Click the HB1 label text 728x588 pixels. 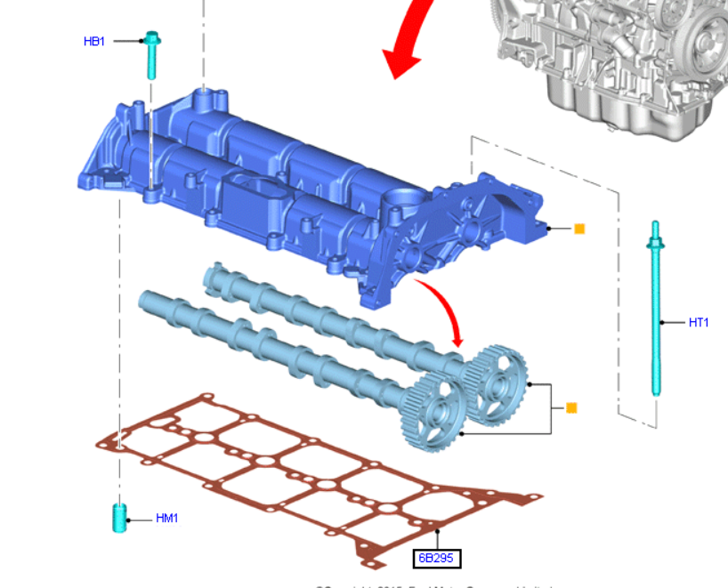94,41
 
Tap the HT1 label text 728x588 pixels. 699,322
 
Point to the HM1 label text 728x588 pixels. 166,518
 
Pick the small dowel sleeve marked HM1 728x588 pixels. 119,518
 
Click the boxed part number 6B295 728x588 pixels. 438,558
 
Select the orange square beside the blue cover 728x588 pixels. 579,229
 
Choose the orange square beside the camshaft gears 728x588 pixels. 571,408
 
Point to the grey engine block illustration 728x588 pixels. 614,62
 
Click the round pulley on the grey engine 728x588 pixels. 708,40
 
